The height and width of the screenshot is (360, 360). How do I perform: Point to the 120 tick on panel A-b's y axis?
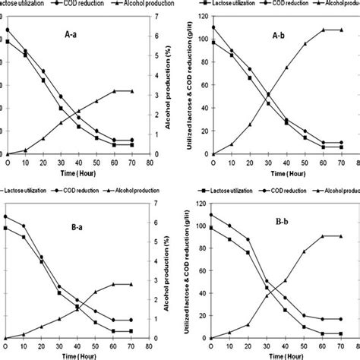tap(201, 15)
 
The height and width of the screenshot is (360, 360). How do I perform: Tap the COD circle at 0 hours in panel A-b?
tap(213, 27)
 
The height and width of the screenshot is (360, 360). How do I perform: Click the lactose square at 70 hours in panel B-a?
tap(132, 331)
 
